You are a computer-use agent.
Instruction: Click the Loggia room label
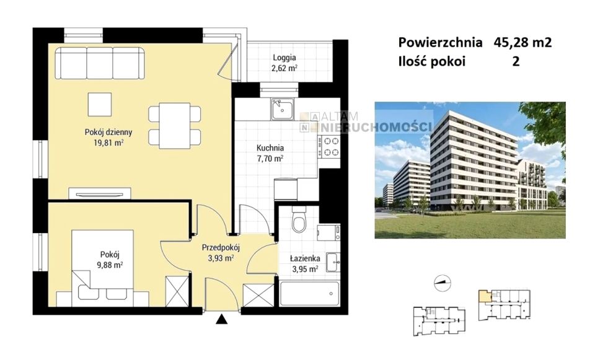click(x=284, y=58)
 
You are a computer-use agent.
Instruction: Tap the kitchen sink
click(x=282, y=109)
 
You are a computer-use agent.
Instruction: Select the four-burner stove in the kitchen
click(x=329, y=147)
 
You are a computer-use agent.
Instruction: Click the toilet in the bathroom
click(x=299, y=219)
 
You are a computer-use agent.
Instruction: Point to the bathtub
click(x=309, y=294)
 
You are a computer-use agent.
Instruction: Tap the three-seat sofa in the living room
click(x=100, y=63)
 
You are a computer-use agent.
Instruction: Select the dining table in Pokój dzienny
click(x=175, y=126)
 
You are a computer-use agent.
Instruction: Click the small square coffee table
click(x=100, y=104)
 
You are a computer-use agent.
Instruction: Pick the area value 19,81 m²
click(x=108, y=143)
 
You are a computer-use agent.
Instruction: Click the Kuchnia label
click(x=270, y=148)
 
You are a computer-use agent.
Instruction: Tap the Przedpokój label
click(x=221, y=248)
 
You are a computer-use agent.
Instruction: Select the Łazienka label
click(x=305, y=258)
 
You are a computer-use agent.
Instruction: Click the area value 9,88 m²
click(x=110, y=265)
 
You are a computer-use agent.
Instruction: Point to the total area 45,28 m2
click(x=522, y=42)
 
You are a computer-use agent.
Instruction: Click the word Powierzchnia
click(x=440, y=42)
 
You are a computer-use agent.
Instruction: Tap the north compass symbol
click(x=443, y=283)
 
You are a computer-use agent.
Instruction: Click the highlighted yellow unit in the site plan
click(x=483, y=296)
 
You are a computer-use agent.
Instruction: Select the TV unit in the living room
click(x=100, y=193)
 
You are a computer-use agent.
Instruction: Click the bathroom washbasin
click(x=333, y=262)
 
